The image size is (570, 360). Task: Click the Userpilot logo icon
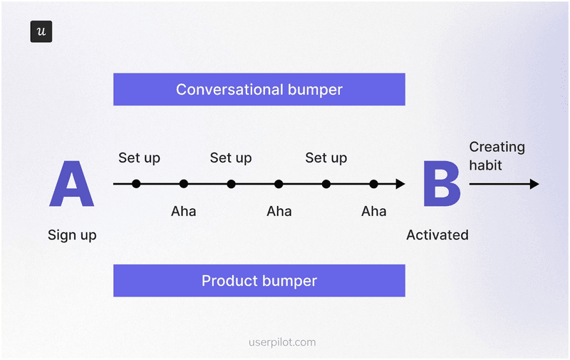coord(41,32)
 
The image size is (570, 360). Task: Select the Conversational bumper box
coord(259,90)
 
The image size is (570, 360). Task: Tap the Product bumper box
coord(259,280)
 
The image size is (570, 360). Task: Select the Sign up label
coord(72,235)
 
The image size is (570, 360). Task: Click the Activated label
coord(437,235)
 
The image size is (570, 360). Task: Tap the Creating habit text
coord(497,156)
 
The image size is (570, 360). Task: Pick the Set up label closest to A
coord(139,158)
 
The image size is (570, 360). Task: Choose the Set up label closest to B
coord(326,158)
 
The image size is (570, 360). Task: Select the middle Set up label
coord(230,158)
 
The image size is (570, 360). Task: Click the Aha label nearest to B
coord(373,211)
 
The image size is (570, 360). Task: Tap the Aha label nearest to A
coord(183,211)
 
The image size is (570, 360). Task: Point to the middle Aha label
coord(279,211)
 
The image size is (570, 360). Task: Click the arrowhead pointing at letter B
coord(400,184)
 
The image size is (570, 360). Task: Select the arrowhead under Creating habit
coord(534,184)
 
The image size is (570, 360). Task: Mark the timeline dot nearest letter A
coord(136,184)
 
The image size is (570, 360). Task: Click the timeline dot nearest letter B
coord(373,184)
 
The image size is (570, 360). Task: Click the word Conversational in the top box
coord(220,90)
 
